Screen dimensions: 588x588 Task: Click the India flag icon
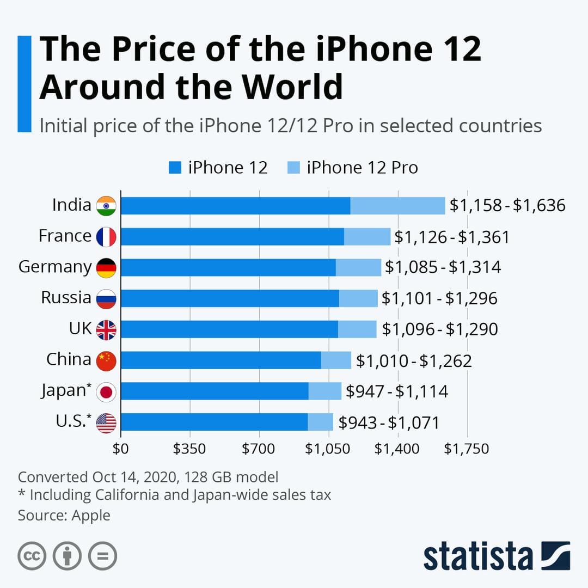106,206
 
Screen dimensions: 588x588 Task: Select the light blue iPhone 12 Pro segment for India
397,206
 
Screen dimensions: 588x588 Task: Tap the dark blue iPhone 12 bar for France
232,237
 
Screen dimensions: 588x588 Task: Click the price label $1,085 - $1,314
443,267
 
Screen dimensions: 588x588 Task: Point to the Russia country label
66,298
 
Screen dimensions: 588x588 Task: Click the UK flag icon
106,330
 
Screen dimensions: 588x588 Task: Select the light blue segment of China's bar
336,360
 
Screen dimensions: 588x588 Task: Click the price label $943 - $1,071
389,422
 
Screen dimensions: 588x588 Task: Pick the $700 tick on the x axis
259,449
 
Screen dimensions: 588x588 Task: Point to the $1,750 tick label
466,449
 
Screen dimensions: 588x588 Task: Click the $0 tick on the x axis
120,449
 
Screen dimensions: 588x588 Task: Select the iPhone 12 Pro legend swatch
293,168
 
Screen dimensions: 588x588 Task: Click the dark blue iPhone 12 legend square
175,168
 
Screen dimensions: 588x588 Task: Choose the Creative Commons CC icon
32,556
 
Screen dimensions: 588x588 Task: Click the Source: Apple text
64,515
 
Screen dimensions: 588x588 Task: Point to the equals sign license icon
102,556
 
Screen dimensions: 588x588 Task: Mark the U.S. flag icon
106,423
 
